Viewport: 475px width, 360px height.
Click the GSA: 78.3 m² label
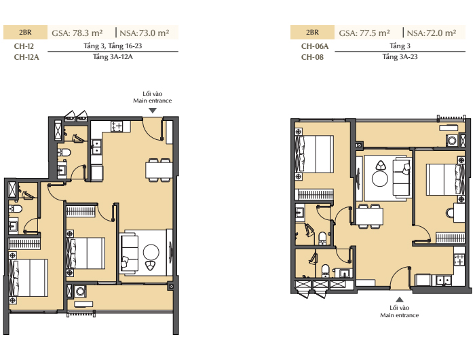coord(77,33)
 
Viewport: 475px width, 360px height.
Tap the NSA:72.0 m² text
coord(432,33)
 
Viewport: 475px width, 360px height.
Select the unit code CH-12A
coord(26,57)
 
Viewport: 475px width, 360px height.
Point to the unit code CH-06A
coord(315,46)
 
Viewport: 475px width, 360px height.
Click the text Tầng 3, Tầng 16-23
coord(113,46)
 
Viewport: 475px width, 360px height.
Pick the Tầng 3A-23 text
coord(400,56)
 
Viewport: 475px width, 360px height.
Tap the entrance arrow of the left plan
coord(153,111)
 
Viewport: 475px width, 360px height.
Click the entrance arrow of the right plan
coord(400,300)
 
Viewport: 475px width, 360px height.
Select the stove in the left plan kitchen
coord(117,126)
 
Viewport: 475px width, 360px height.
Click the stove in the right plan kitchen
coord(459,260)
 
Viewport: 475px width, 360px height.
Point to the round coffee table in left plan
coord(151,252)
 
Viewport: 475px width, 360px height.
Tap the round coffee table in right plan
coord(380,179)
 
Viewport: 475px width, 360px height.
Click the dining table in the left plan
coord(159,170)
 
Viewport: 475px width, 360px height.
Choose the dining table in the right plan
coord(369,216)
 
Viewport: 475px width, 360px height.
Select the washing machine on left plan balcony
coord(80,291)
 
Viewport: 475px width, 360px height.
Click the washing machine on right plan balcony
coord(452,141)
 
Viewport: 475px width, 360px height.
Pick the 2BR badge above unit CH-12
coord(26,33)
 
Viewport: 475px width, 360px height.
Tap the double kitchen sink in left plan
coord(96,147)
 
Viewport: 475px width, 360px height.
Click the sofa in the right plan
coord(402,177)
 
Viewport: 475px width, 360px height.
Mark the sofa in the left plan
coord(130,253)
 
